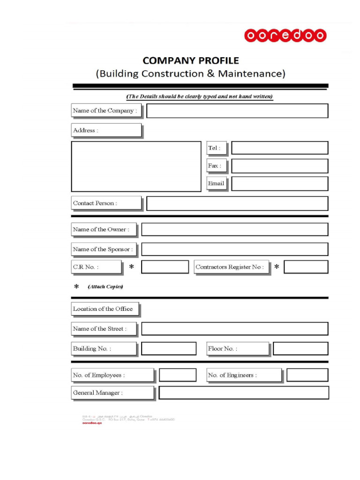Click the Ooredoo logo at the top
point(285,36)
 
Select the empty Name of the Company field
point(237,111)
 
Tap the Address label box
point(106,130)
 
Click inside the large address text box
point(136,166)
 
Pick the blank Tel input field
point(279,148)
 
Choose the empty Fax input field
point(279,166)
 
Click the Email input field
point(279,184)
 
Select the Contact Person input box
point(237,203)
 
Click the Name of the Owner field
point(234,230)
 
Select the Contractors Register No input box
point(306,267)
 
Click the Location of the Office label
point(105,309)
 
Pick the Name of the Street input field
point(234,329)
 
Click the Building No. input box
point(169,349)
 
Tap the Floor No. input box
point(300,349)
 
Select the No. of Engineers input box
point(307,375)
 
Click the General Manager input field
point(244,393)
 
